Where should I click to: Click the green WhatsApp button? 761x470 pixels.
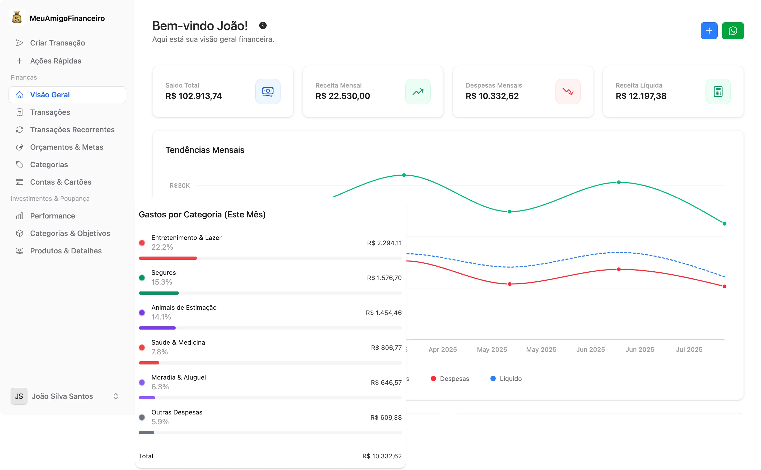(x=732, y=31)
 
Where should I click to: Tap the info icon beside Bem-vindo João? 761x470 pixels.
(x=263, y=25)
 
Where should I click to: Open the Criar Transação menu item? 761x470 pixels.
(x=57, y=43)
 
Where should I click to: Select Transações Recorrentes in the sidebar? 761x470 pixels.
(x=72, y=130)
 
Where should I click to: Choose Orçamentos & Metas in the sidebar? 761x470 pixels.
(x=66, y=147)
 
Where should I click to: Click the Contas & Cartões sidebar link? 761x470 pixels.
(x=61, y=182)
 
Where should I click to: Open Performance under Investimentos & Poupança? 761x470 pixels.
(x=53, y=216)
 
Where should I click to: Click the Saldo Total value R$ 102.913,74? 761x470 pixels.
(x=194, y=96)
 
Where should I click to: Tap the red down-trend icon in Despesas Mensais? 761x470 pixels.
(x=568, y=92)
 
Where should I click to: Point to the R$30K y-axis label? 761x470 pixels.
(x=179, y=186)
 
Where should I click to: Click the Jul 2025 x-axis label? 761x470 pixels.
(x=689, y=349)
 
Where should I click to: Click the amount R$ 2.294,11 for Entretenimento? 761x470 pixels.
(x=384, y=243)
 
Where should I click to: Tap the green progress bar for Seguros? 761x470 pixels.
(x=159, y=293)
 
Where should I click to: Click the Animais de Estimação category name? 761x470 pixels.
(x=184, y=307)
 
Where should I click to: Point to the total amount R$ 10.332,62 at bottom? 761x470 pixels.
(x=382, y=456)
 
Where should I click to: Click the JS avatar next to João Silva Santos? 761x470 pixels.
(x=19, y=396)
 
